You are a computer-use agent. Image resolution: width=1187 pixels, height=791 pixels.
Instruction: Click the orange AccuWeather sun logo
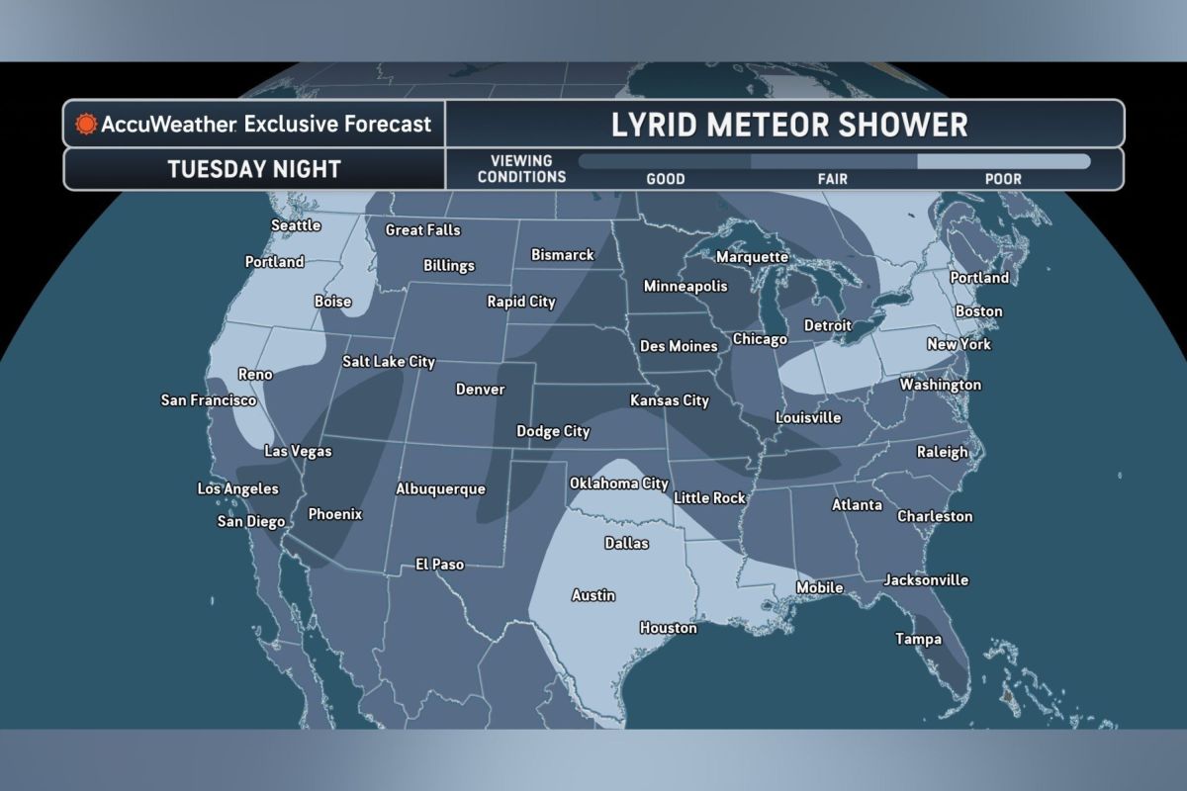coord(86,125)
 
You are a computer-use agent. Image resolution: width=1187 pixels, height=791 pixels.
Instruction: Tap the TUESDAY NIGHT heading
coord(254,169)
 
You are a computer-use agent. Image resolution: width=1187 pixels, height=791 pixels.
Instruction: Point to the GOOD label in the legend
coord(666,180)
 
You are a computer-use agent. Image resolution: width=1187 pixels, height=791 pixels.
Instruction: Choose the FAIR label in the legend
coord(834,180)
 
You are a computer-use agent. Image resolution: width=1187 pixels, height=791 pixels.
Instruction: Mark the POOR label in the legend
coord(1003,180)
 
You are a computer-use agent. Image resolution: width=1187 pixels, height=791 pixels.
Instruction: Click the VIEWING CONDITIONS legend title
coord(521,169)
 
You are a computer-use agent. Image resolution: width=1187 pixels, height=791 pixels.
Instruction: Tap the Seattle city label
coord(296,225)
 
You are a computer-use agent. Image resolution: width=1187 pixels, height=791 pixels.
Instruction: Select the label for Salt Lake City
coord(389,362)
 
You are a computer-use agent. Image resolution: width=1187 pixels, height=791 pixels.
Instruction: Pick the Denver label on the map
coord(480,390)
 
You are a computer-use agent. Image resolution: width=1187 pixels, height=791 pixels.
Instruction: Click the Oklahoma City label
coord(619,483)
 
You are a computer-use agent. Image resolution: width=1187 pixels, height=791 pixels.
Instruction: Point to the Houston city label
coord(668,628)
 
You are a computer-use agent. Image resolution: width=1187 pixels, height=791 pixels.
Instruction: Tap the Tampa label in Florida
coord(918,639)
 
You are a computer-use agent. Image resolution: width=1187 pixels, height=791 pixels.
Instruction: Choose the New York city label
coord(959,345)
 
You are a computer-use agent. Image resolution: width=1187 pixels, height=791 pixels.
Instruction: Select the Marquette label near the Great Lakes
coord(752,257)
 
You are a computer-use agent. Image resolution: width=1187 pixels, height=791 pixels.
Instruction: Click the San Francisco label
coord(209,400)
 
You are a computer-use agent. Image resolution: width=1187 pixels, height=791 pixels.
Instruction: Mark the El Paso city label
coord(439,565)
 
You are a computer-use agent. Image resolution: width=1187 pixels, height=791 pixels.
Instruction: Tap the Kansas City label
coord(670,401)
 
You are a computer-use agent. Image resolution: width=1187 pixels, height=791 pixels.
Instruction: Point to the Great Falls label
coord(422,230)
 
